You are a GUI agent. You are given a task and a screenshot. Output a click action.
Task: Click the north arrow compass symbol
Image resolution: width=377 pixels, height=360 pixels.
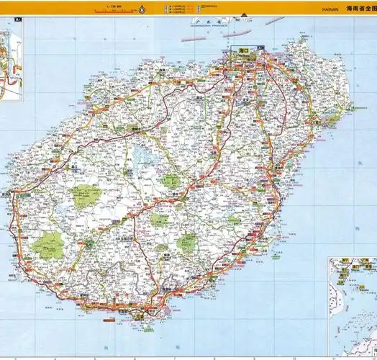pos(142,9)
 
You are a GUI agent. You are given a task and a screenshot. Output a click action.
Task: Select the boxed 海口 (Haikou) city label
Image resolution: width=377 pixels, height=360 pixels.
pos(242,51)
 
